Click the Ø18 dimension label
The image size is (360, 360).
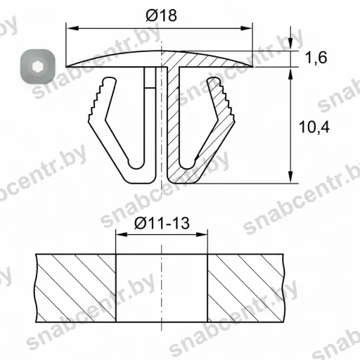(161, 15)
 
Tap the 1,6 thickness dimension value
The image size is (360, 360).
(316, 58)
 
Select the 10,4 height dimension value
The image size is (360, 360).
(314, 127)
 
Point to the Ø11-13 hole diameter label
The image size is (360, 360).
(162, 223)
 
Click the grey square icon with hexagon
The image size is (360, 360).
(37, 67)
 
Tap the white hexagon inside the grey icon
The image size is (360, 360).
(37, 67)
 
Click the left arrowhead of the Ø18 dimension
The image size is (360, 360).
(72, 28)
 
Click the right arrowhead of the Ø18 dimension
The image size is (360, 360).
(247, 28)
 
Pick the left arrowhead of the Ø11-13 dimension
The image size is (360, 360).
(122, 234)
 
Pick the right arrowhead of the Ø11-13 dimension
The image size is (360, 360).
(202, 234)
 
